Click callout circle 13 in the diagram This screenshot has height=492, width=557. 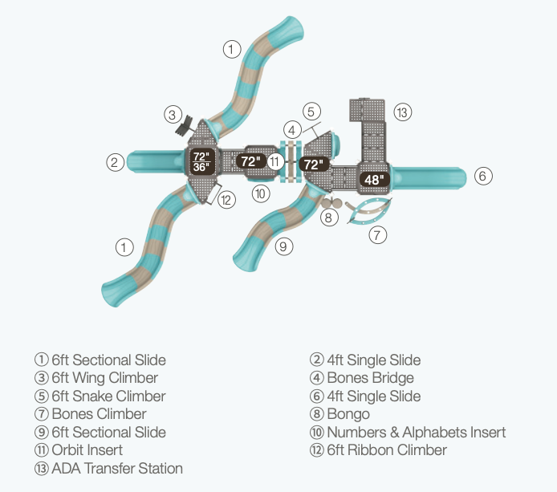point(403,112)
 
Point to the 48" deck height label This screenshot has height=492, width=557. point(374,179)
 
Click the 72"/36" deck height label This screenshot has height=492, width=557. point(201,161)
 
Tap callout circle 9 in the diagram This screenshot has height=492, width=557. point(283,246)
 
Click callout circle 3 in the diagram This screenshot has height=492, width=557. point(173,114)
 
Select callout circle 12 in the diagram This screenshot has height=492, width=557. point(227,200)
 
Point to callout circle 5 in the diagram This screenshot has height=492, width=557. point(312,111)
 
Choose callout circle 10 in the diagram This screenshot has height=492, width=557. point(260,193)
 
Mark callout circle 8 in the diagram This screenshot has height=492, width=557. point(328,216)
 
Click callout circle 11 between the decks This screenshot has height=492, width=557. point(275,162)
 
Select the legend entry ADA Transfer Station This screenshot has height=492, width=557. point(117,468)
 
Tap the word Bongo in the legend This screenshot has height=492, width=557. point(348,414)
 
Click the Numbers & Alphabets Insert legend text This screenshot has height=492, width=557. point(416,433)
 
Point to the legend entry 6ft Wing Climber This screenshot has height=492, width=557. point(105,378)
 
